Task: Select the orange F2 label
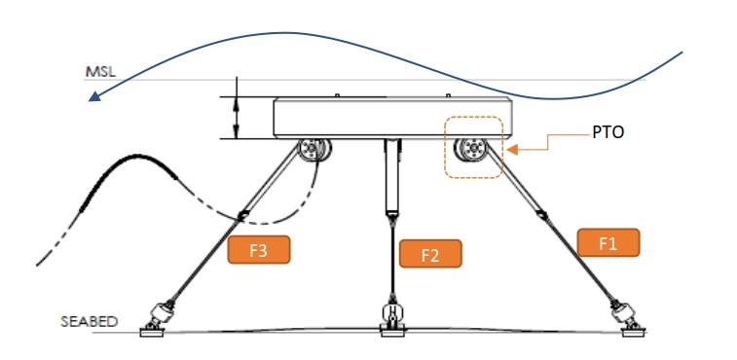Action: click(x=430, y=255)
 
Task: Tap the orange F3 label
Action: click(x=259, y=249)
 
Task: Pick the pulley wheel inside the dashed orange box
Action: click(x=473, y=150)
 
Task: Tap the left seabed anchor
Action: click(x=158, y=317)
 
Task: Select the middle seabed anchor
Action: click(x=392, y=316)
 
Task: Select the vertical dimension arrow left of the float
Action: click(x=237, y=117)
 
